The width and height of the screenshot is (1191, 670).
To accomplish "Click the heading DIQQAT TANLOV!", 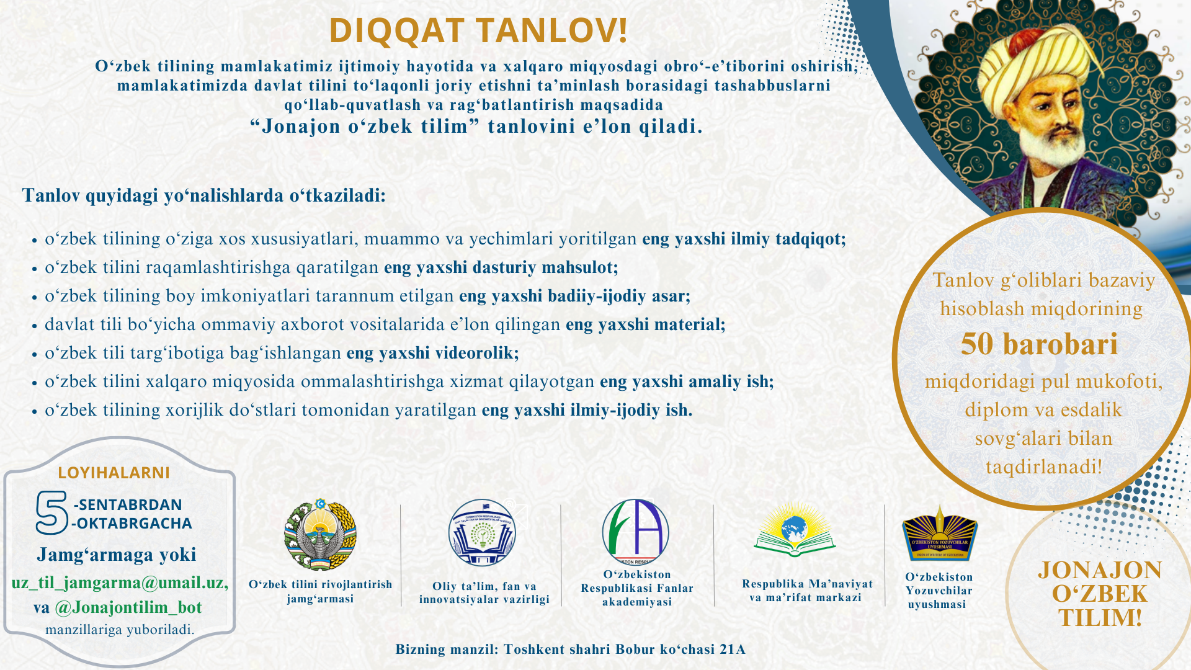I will pyautogui.click(x=478, y=30).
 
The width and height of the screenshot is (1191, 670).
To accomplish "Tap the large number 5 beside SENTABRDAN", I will pyautogui.click(x=51, y=513).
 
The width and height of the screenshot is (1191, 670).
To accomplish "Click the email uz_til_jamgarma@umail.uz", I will pyautogui.click(x=120, y=583).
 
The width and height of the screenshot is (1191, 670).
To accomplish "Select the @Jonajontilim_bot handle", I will pyautogui.click(x=128, y=607).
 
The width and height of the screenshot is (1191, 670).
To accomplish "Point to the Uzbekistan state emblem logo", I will pyautogui.click(x=320, y=535).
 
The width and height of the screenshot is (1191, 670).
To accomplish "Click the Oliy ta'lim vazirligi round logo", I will pyautogui.click(x=482, y=533).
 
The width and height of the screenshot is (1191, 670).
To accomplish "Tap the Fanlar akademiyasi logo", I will pyautogui.click(x=636, y=532).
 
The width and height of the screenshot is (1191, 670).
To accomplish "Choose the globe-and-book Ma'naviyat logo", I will pyautogui.click(x=795, y=530).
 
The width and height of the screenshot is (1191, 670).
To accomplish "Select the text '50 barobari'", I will pyautogui.click(x=1039, y=344).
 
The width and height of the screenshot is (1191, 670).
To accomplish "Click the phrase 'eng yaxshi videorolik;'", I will pyautogui.click(x=432, y=353).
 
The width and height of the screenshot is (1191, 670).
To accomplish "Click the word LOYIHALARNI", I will pyautogui.click(x=114, y=473).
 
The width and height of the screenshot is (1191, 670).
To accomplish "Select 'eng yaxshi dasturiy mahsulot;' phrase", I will pyautogui.click(x=501, y=267).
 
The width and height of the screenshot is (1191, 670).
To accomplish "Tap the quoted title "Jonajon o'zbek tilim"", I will pyautogui.click(x=365, y=127).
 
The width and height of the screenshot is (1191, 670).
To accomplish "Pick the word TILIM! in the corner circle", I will pyautogui.click(x=1100, y=618).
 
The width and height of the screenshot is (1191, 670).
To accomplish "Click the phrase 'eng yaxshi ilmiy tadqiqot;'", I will pyautogui.click(x=744, y=239).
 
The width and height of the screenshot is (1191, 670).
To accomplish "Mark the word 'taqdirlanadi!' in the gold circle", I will pyautogui.click(x=1044, y=467).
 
